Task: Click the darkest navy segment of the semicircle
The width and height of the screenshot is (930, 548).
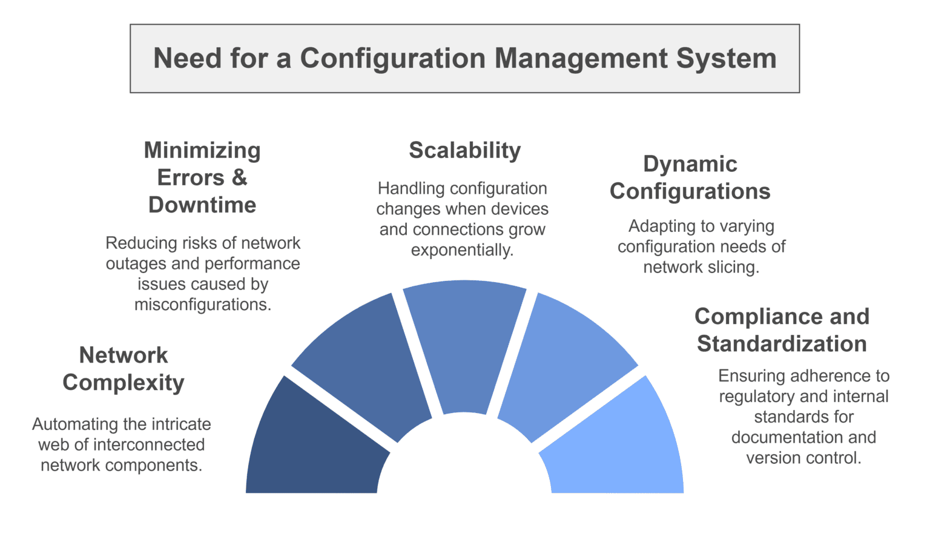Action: pos(315,448)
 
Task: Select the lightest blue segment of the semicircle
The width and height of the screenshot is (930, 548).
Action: pos(618,448)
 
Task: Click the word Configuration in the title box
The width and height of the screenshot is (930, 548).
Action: pos(393,59)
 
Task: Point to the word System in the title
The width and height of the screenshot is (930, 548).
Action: pos(726,59)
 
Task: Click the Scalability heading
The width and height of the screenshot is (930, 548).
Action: pos(465,150)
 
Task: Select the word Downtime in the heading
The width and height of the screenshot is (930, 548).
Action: pos(202,205)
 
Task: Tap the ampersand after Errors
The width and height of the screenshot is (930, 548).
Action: pos(239,177)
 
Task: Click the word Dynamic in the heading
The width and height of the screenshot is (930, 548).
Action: pos(690,163)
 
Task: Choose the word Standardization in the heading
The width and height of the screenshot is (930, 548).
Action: pos(782,343)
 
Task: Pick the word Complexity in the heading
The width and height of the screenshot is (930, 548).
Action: pos(124,382)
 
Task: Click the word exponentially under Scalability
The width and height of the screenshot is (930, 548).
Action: pos(462,249)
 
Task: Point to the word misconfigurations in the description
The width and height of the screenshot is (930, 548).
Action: pos(202,304)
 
